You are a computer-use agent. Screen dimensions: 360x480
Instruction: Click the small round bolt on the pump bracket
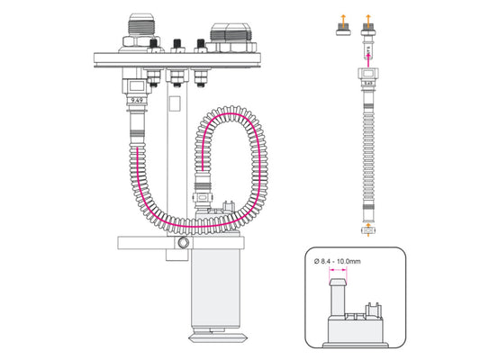(x=184, y=244)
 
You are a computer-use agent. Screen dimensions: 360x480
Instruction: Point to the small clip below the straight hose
(x=367, y=232)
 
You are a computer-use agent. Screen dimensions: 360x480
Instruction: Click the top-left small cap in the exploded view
(x=344, y=33)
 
